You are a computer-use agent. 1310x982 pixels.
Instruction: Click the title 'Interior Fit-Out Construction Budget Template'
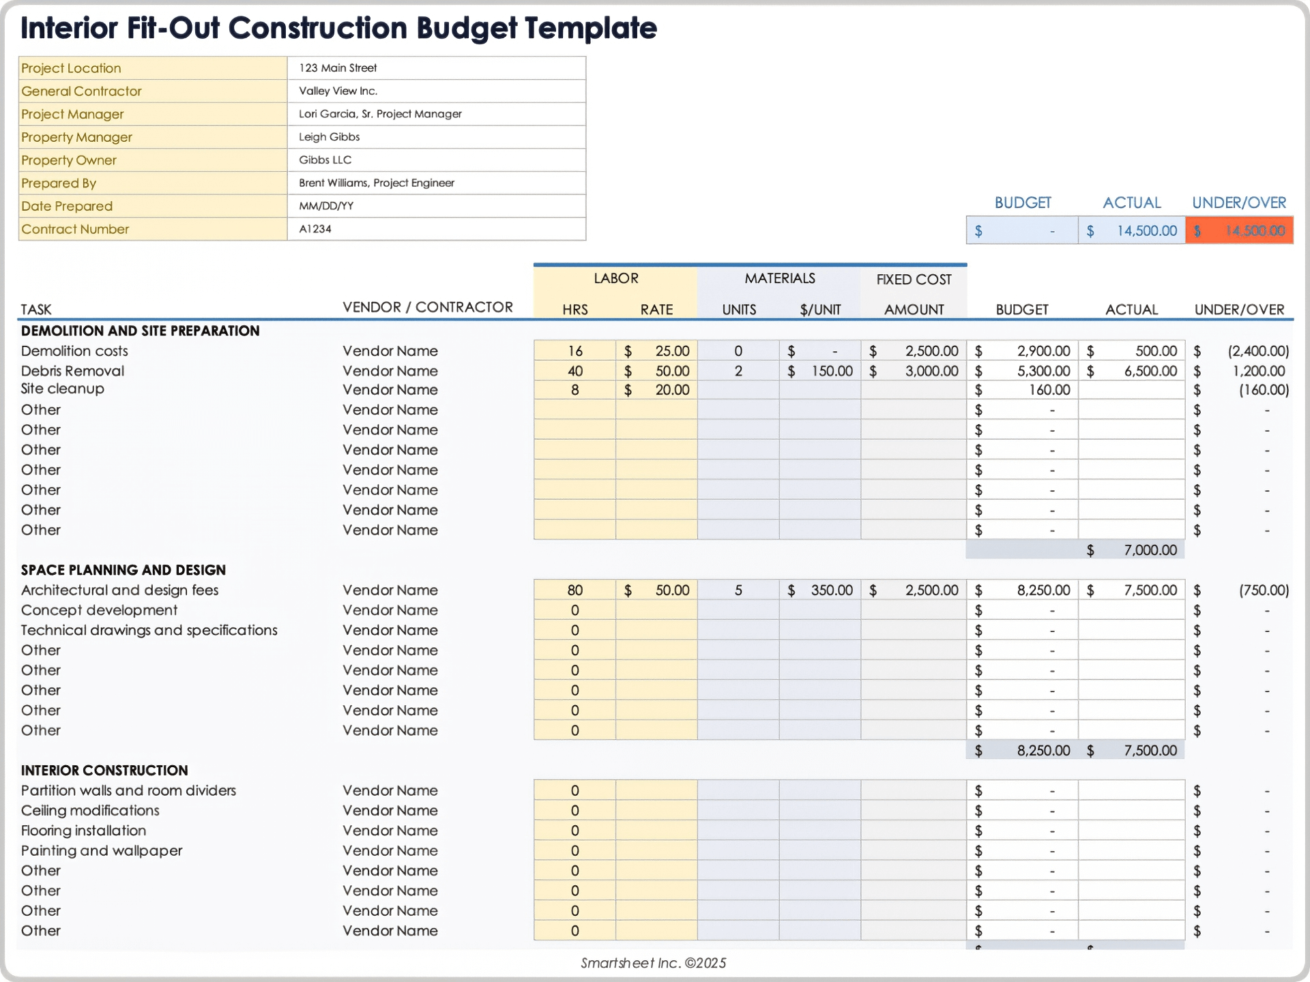click(x=338, y=29)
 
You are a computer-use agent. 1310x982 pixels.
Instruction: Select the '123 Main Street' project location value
click(x=338, y=68)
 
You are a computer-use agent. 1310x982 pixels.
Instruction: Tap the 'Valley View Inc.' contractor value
click(x=338, y=91)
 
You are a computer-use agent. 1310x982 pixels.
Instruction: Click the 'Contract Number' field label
click(x=75, y=229)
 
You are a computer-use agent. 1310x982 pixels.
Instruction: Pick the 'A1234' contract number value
click(x=315, y=229)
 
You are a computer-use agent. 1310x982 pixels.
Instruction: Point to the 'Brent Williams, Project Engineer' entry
click(x=376, y=183)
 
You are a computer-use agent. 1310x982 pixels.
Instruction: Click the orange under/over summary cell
click(x=1239, y=231)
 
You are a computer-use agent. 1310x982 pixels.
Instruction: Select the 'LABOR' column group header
click(x=615, y=278)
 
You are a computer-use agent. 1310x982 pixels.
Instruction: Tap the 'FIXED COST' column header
click(x=914, y=280)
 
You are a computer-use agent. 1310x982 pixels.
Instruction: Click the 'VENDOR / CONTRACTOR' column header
click(x=428, y=308)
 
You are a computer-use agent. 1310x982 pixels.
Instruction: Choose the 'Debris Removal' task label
click(x=72, y=371)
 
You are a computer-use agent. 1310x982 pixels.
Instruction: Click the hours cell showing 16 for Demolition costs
click(x=574, y=351)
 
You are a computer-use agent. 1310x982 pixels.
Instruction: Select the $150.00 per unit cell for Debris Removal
click(x=820, y=371)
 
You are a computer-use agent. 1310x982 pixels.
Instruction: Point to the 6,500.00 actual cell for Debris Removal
click(x=1132, y=371)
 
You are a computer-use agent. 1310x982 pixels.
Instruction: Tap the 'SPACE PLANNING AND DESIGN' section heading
click(x=123, y=570)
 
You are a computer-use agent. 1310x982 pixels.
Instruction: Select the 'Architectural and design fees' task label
click(x=119, y=590)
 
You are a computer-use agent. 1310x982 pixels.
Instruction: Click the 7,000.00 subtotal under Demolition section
click(x=1132, y=550)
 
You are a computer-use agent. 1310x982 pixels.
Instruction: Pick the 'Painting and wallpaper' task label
click(x=102, y=850)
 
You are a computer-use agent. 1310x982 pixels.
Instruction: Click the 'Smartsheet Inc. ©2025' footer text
click(x=653, y=963)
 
